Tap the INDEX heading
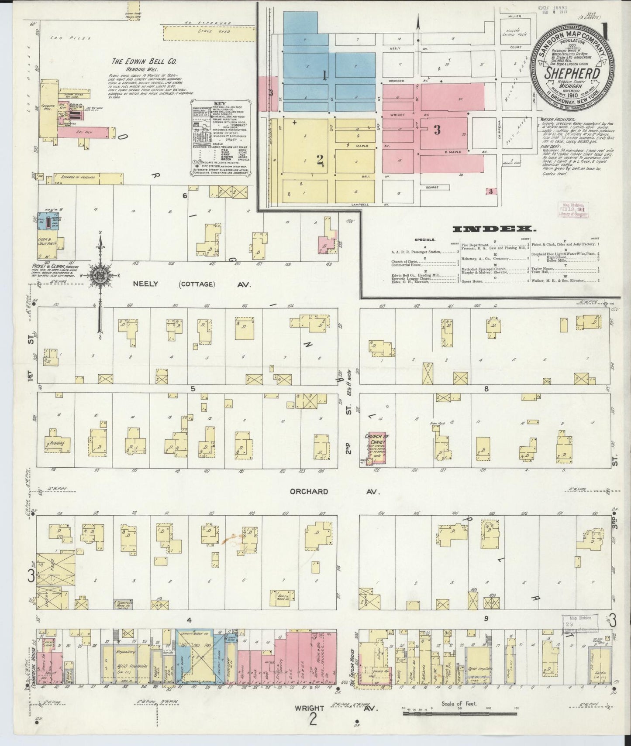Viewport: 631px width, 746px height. click(x=494, y=229)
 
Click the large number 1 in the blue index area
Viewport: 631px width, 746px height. click(x=324, y=76)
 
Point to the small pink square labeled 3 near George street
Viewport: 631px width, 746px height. click(x=491, y=191)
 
